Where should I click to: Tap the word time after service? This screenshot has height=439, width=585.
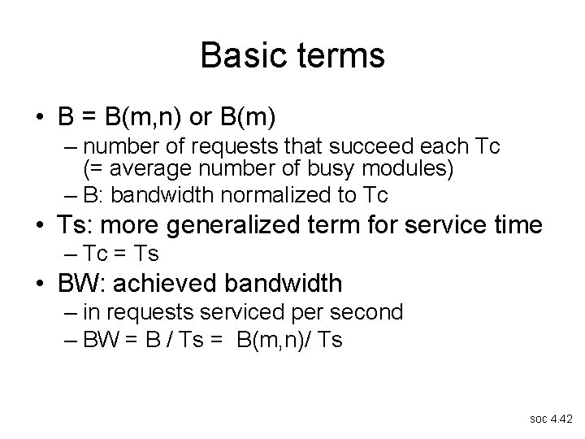513,224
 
